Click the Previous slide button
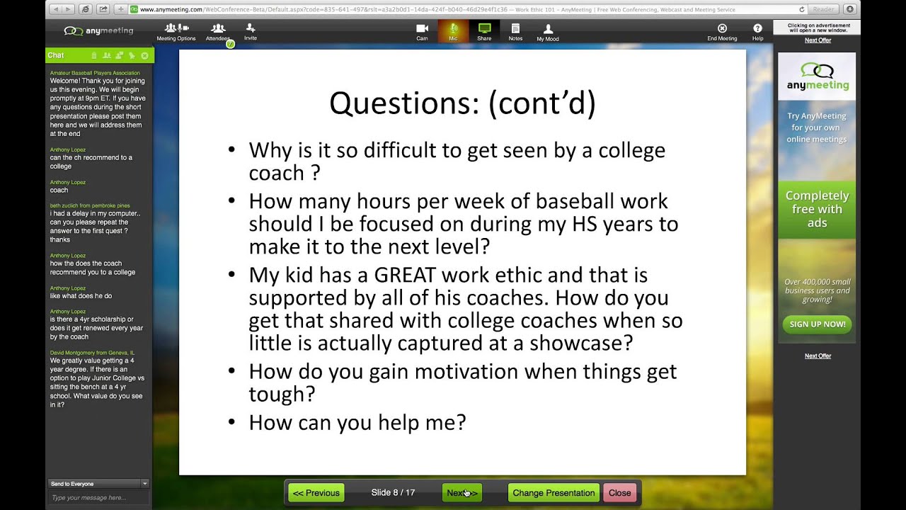pos(316,493)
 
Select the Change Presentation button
pos(554,493)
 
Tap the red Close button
pos(619,493)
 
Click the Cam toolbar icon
pos(422,32)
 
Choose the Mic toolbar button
pos(453,32)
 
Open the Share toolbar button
pos(484,32)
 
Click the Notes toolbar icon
pos(515,32)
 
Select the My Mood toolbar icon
pos(547,33)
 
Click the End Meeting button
pos(722,32)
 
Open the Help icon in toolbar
pos(757,32)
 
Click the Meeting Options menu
pos(176,32)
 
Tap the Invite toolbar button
pos(251,32)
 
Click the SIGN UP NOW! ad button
pos(817,324)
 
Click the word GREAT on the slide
pos(405,276)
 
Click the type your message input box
pos(97,498)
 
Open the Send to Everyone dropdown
pos(98,484)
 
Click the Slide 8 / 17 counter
pos(393,493)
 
